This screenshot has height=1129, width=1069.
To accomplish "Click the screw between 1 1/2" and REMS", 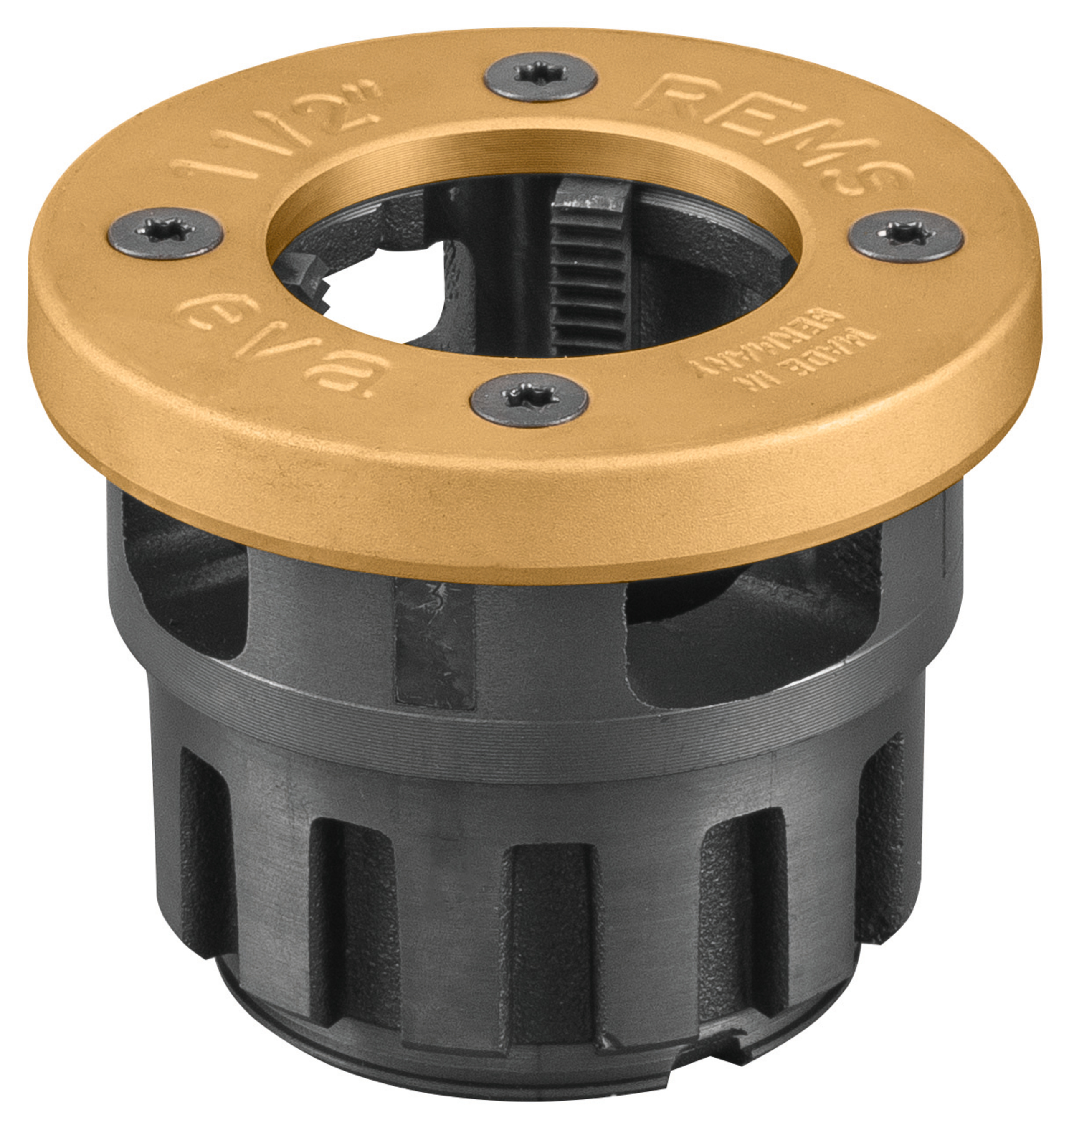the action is coord(540,76).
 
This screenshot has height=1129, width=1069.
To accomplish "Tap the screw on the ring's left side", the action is coord(165,233).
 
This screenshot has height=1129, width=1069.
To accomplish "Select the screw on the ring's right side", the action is coord(906,236).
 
